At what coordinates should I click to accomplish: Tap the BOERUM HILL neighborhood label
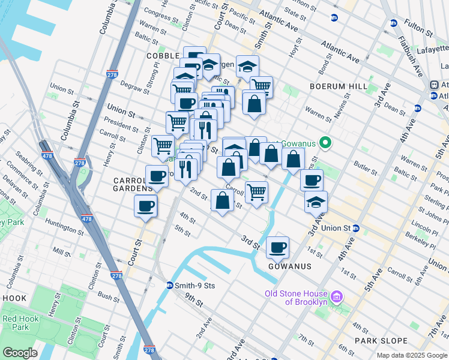338,86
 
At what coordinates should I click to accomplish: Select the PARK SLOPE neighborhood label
381,341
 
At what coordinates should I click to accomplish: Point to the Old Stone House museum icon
337,296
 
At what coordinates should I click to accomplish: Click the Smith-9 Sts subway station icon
170,286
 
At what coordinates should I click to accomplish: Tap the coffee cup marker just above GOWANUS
278,247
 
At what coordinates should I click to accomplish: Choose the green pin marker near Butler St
325,143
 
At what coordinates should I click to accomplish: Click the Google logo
20,353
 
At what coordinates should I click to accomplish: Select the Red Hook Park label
16,323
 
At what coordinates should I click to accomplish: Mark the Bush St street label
109,296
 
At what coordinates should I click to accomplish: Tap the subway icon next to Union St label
356,229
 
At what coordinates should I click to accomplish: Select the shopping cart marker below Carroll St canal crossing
257,192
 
